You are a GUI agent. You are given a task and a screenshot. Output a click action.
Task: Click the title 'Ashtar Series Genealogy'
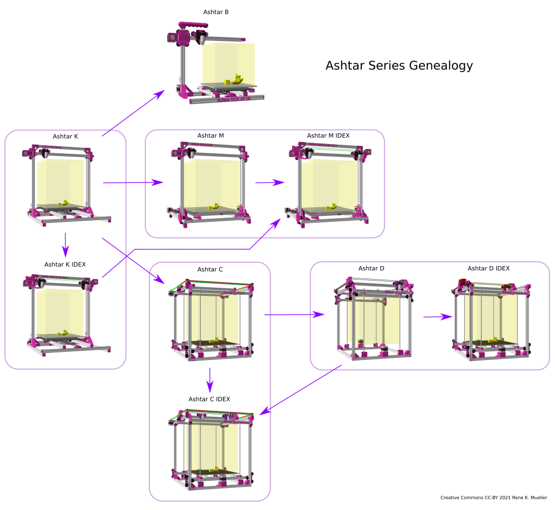pyautogui.click(x=399, y=66)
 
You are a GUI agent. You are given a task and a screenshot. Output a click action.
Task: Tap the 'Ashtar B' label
pyautogui.click(x=216, y=12)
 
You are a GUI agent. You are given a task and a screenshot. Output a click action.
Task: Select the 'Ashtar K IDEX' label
pyautogui.click(x=65, y=264)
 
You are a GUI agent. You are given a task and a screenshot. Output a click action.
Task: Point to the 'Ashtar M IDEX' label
pyautogui.click(x=328, y=135)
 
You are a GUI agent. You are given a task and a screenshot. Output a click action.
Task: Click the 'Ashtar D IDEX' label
pyautogui.click(x=489, y=268)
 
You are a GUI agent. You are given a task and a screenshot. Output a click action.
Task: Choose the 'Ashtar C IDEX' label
pyautogui.click(x=209, y=399)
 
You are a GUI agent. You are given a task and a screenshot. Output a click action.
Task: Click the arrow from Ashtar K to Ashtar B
pyautogui.click(x=133, y=113)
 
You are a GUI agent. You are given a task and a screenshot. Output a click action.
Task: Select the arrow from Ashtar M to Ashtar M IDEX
pyautogui.click(x=269, y=182)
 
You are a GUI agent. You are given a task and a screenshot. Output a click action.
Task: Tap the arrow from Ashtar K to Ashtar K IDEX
pyautogui.click(x=65, y=244)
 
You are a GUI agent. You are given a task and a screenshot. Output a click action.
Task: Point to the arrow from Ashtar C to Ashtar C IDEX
pyautogui.click(x=210, y=379)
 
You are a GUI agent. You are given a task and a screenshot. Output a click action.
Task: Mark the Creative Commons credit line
pyautogui.click(x=493, y=498)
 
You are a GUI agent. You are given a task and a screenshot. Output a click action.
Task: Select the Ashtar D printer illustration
pyautogui.click(x=374, y=318)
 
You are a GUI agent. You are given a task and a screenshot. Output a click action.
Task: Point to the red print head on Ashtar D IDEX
pyautogui.click(x=463, y=283)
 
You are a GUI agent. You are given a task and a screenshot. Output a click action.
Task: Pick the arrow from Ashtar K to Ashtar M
pyautogui.click(x=133, y=182)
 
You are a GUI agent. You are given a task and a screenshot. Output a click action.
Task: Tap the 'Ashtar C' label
pyautogui.click(x=210, y=269)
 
